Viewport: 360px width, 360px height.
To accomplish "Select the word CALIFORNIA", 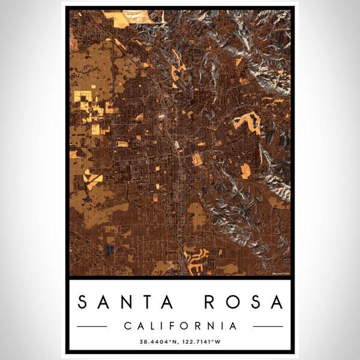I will tap(179, 326).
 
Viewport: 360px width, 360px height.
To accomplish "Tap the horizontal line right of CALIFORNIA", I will tap(268, 326).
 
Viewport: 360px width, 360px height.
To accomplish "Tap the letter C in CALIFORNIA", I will tap(127, 326).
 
